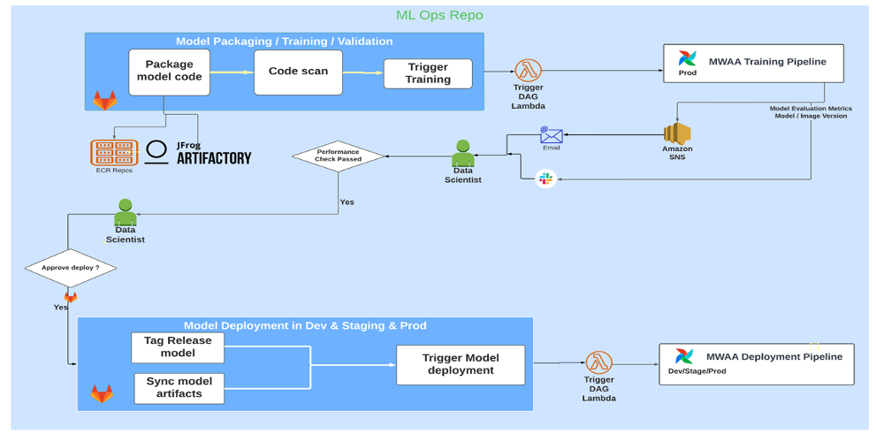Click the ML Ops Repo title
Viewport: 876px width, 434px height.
coord(439,15)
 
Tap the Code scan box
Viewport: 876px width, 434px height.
coord(298,72)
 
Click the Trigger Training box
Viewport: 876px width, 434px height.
coord(428,73)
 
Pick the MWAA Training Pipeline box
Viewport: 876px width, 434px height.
coord(753,64)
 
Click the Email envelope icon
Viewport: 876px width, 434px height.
coord(552,135)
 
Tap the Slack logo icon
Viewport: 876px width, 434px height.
coord(545,179)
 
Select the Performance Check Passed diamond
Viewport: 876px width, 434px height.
coord(339,156)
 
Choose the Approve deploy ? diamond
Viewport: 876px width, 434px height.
coord(70,267)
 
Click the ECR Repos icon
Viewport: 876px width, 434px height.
coord(114,152)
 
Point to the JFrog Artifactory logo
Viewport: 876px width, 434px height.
coord(200,152)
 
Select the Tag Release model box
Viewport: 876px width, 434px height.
coord(178,346)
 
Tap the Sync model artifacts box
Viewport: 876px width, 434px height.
coord(179,387)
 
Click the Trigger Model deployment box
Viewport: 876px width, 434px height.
coord(461,364)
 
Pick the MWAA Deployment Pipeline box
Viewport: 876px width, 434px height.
coord(756,363)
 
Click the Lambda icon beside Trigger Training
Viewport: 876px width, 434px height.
coord(529,70)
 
